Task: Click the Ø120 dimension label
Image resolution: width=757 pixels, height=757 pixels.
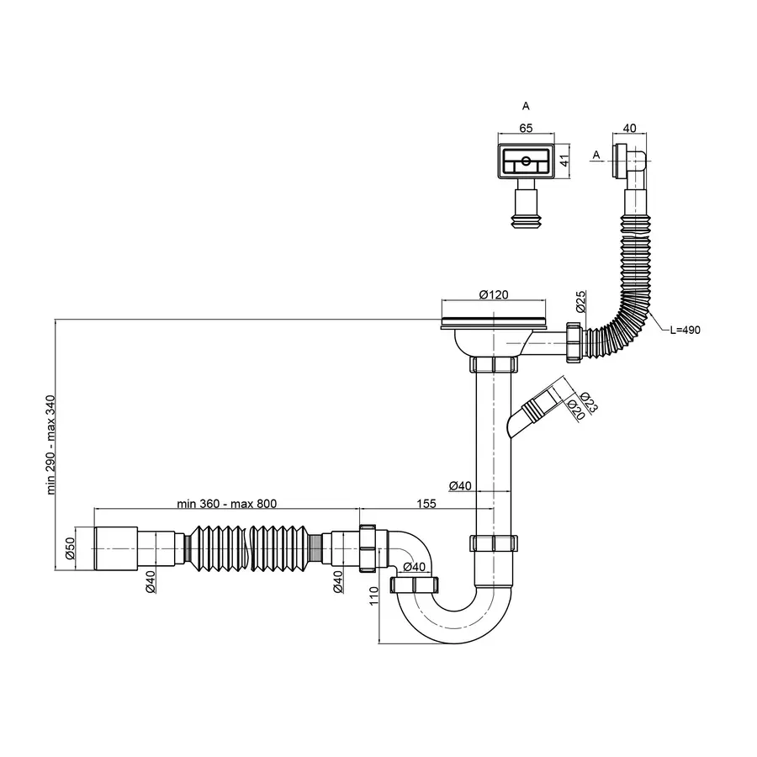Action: pyautogui.click(x=496, y=295)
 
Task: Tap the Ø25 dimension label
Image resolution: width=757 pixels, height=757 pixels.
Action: pyautogui.click(x=580, y=298)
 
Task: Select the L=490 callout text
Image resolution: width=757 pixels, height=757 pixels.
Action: pyautogui.click(x=685, y=330)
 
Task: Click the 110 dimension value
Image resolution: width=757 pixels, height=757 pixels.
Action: pyautogui.click(x=373, y=597)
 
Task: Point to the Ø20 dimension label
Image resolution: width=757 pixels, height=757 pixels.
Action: pyautogui.click(x=576, y=410)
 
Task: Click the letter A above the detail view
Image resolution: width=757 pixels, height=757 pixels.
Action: pyautogui.click(x=526, y=106)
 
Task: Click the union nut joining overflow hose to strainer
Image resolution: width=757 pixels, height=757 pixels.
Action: pyautogui.click(x=576, y=341)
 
